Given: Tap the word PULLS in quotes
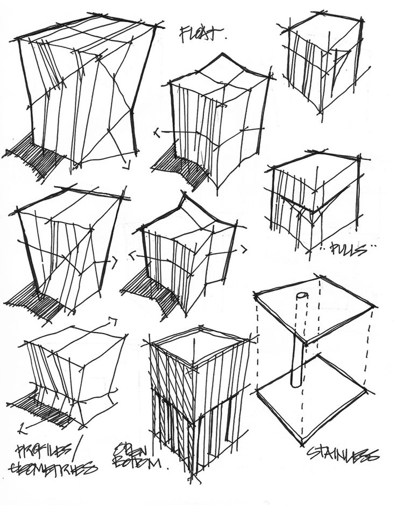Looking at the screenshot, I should [x=347, y=249].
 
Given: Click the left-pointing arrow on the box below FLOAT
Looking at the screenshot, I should [x=157, y=131].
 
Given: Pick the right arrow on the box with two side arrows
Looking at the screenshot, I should [x=243, y=249].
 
